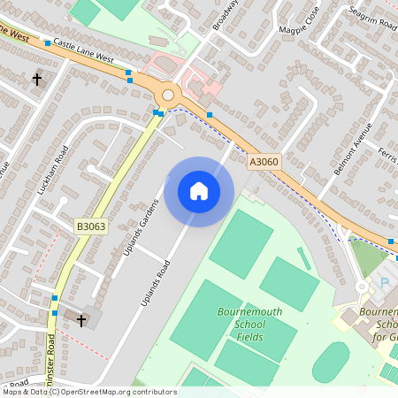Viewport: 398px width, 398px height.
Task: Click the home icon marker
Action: [x=198, y=190]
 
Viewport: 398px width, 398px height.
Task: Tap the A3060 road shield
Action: [x=264, y=162]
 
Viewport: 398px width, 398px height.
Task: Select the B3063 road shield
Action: [x=90, y=227]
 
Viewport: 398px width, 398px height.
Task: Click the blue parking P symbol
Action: [x=385, y=281]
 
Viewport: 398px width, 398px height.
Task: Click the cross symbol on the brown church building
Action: [x=82, y=319]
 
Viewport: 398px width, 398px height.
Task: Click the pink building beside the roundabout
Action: [x=210, y=88]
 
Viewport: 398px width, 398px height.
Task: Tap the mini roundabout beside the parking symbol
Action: [x=362, y=287]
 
